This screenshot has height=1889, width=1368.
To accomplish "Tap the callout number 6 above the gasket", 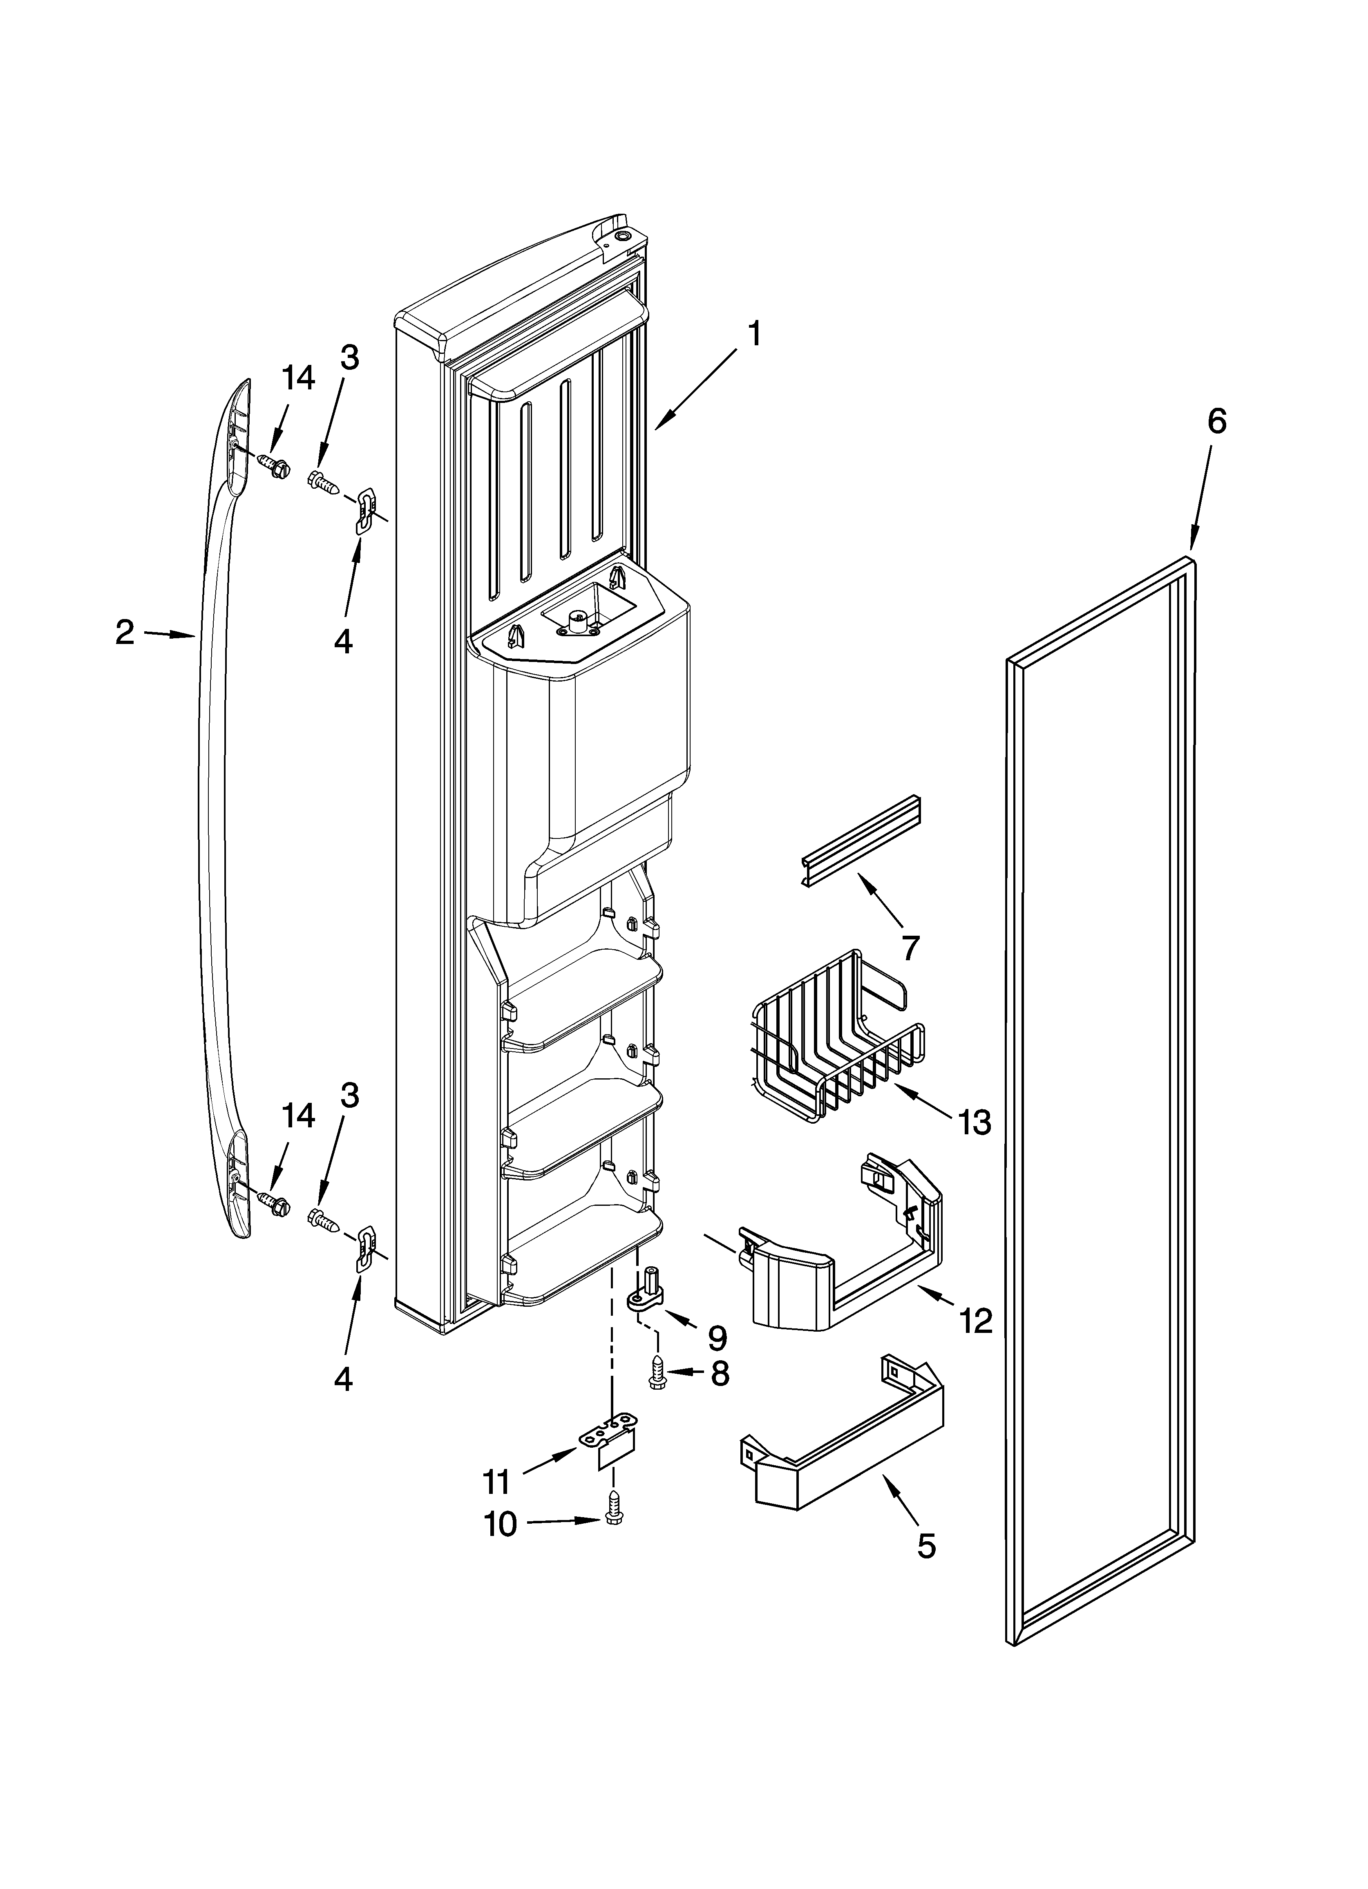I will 1216,422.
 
